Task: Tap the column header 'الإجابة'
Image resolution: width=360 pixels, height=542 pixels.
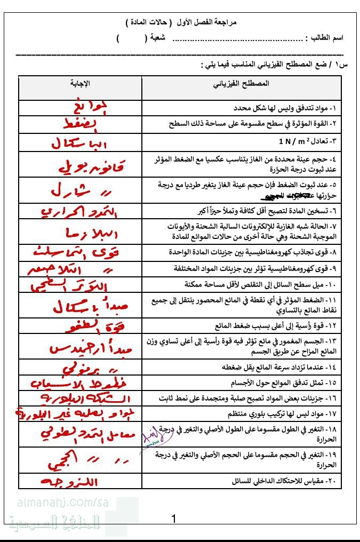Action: [x=81, y=84]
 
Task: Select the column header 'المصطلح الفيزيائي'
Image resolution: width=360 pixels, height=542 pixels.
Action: [x=241, y=84]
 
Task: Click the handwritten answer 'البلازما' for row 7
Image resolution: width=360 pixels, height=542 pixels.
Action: [x=80, y=233]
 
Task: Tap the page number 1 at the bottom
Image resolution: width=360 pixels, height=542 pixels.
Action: [x=174, y=519]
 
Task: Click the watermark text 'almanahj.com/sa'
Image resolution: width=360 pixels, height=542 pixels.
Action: [x=59, y=503]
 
